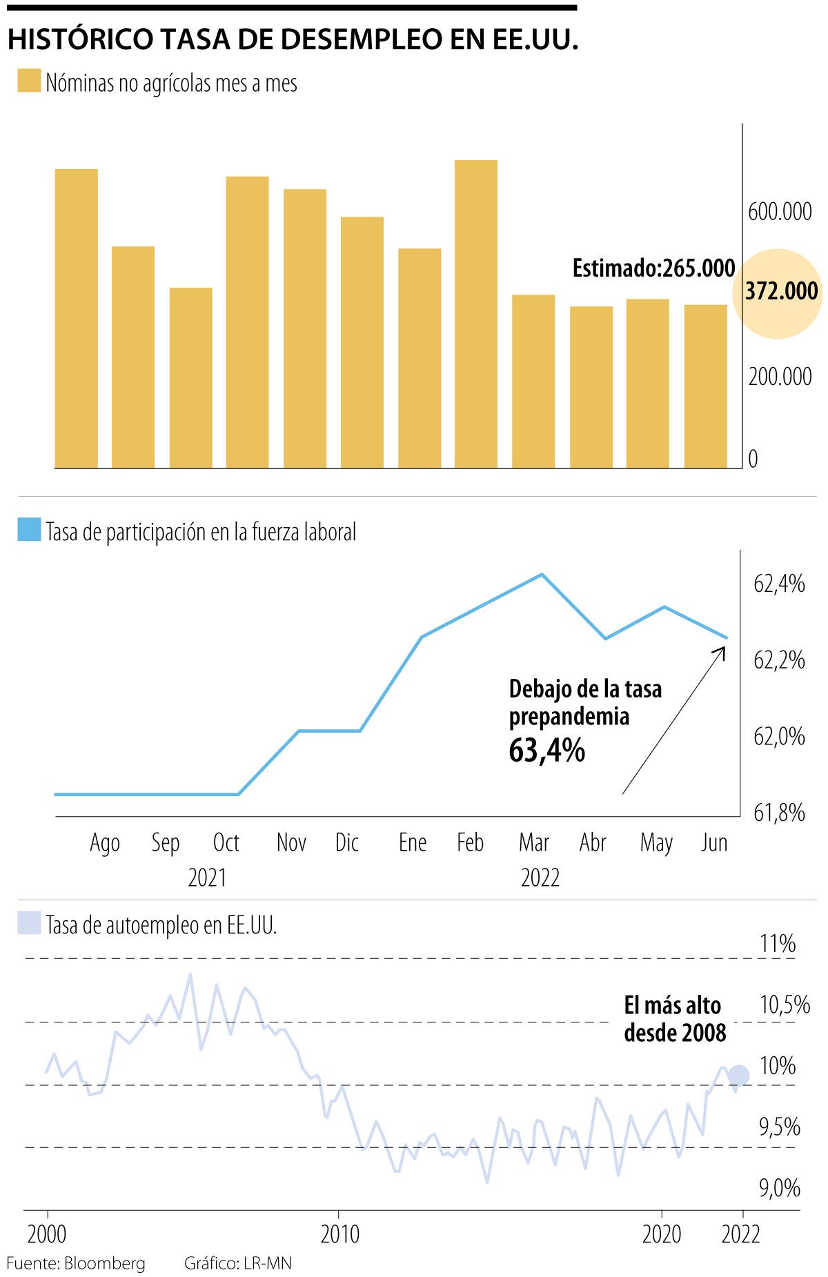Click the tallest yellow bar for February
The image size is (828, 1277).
[475, 314]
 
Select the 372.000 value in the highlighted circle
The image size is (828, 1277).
[781, 292]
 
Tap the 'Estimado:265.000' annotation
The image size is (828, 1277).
[653, 268]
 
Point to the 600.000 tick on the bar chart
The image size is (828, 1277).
[780, 212]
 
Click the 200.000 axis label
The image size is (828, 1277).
[780, 377]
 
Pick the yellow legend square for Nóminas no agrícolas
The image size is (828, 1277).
[29, 81]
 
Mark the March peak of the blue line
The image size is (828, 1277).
[542, 574]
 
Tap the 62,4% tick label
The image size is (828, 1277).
[779, 584]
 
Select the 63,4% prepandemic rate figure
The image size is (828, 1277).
[546, 750]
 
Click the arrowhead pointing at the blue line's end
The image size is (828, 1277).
[723, 650]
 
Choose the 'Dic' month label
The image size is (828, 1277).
[347, 842]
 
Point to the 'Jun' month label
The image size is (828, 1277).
[714, 842]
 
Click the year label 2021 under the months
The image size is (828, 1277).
[207, 878]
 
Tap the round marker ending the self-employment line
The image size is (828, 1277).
[739, 1075]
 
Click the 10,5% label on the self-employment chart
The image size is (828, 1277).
[785, 1004]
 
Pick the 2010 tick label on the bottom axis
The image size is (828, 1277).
[340, 1234]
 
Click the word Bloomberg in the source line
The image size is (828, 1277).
[104, 1263]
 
